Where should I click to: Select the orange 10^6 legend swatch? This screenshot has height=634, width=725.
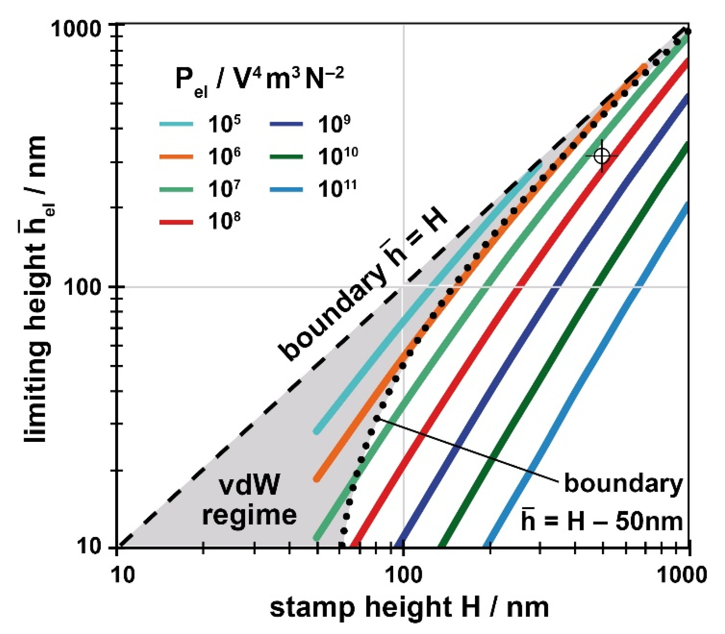coord(176,156)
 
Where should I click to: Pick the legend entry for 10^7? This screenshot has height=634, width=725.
coord(200,189)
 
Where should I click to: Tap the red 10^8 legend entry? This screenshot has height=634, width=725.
coord(200,222)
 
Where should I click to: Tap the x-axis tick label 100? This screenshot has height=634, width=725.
coord(403,574)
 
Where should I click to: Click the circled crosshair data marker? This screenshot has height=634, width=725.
coord(602,156)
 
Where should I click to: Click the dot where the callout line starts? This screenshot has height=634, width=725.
coord(377,419)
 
